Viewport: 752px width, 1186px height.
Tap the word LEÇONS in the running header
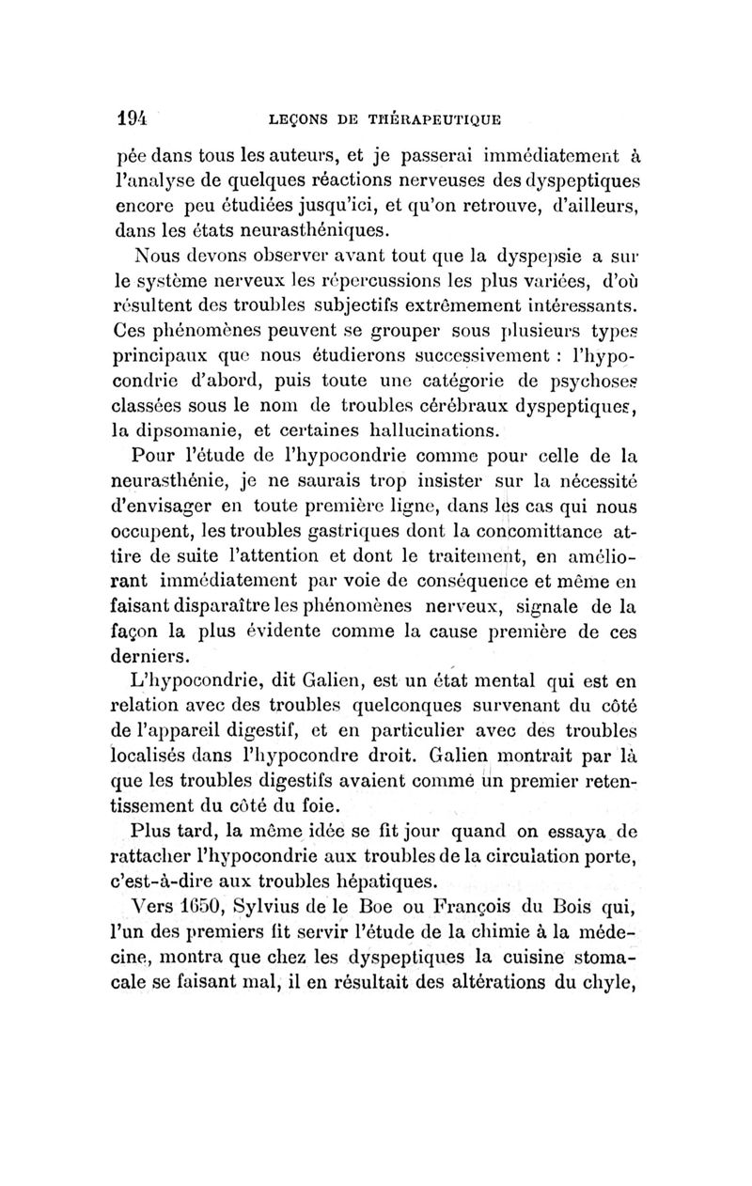point(304,119)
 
